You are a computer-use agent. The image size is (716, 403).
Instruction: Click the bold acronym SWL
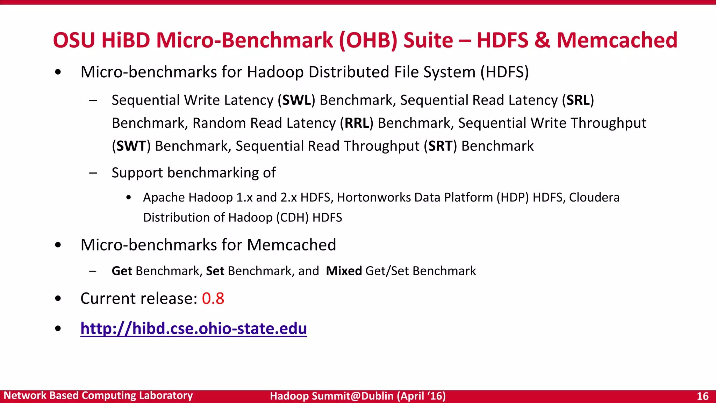[x=296, y=100]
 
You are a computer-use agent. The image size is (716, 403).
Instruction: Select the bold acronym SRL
[x=578, y=100]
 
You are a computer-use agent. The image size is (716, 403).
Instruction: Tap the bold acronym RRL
[x=357, y=123]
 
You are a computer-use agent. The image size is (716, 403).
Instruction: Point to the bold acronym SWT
[x=131, y=146]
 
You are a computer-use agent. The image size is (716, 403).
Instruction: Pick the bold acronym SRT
[x=440, y=146]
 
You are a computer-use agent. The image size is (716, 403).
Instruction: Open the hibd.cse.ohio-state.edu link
[x=194, y=328]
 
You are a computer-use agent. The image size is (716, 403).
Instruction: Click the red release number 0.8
[x=213, y=298]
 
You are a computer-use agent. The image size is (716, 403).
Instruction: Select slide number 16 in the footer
[x=702, y=396]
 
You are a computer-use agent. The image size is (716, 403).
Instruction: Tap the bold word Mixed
[x=344, y=271]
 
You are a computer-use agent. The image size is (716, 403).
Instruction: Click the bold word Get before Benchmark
[x=122, y=271]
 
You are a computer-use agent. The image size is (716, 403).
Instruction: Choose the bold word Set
[x=215, y=271]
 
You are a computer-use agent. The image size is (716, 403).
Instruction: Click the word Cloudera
[x=594, y=198]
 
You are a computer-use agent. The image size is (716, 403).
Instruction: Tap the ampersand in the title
[x=542, y=40]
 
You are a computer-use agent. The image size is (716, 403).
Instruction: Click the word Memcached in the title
[x=617, y=40]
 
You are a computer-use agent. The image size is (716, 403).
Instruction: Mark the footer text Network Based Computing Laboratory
[x=98, y=396]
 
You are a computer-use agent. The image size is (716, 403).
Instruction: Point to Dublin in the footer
[x=377, y=396]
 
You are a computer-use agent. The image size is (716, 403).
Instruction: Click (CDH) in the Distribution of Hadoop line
[x=292, y=218]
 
